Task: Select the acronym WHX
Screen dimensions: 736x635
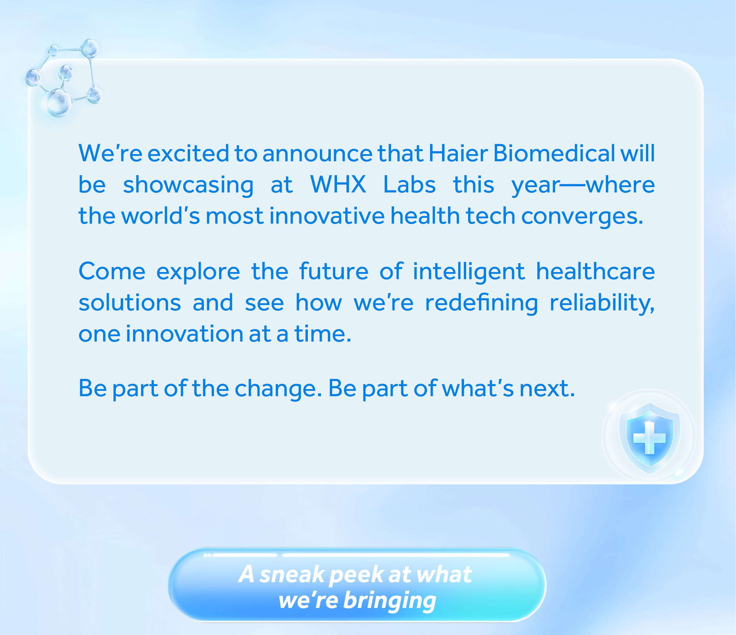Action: (338, 184)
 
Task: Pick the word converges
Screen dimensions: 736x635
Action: (582, 217)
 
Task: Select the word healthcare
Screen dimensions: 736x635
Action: (595, 271)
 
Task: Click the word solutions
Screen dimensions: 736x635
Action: (130, 303)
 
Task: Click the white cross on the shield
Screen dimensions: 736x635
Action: (649, 438)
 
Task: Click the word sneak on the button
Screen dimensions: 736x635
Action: (292, 574)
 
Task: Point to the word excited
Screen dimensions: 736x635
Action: (188, 154)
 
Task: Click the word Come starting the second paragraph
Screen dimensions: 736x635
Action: (112, 271)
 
